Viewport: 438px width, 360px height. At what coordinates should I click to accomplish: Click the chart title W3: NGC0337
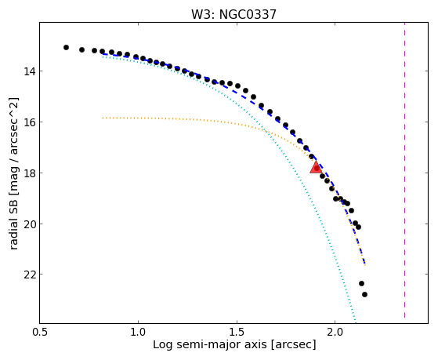[x=233, y=14]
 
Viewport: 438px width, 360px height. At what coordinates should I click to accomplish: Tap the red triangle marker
[x=316, y=167]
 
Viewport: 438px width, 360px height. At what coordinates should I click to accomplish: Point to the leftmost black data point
[x=66, y=48]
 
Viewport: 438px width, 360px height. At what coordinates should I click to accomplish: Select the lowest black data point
[x=364, y=295]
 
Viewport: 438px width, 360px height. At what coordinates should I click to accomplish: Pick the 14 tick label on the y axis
[x=29, y=71]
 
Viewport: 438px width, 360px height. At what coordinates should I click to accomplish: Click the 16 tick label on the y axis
[x=29, y=122]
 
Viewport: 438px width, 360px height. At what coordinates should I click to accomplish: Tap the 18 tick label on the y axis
[x=29, y=173]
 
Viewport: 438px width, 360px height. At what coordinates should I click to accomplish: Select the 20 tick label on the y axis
[x=29, y=224]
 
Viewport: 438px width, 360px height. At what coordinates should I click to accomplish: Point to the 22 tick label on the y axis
[x=29, y=275]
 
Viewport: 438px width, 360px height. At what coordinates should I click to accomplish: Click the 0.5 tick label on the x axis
[x=40, y=332]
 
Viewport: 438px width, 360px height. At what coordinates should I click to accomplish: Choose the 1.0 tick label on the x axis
[x=138, y=332]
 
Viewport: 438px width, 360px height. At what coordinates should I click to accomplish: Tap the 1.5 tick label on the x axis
[x=237, y=332]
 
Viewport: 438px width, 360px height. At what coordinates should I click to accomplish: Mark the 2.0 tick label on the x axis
[x=335, y=332]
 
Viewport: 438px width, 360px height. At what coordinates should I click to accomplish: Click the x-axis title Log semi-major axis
[x=210, y=344]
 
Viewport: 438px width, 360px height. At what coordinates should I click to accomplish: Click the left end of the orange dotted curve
[x=103, y=118]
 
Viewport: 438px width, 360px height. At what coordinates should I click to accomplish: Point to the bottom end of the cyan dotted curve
[x=356, y=322]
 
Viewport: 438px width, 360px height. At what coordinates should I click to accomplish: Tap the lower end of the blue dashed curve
[x=365, y=264]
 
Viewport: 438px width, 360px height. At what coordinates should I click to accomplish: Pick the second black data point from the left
[x=81, y=49]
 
